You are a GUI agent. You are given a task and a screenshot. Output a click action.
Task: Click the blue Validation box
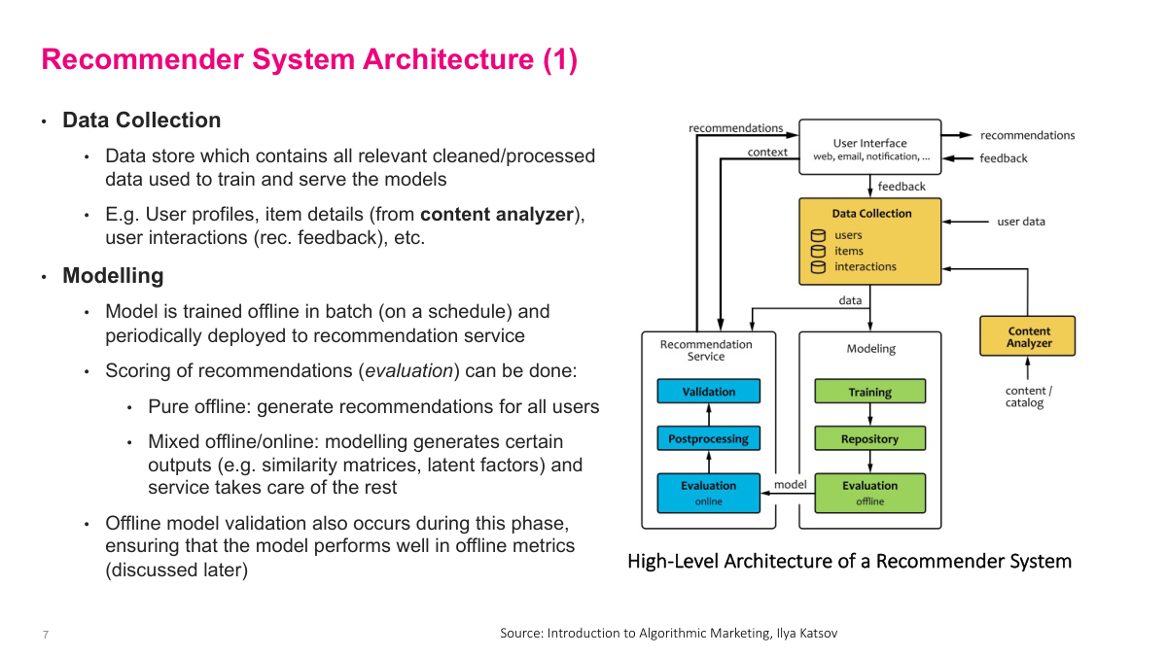pos(708,392)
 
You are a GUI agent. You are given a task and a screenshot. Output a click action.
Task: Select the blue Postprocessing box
pos(708,439)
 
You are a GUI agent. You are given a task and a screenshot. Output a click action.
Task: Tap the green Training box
pos(869,392)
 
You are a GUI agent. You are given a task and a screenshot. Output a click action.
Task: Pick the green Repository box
pos(869,439)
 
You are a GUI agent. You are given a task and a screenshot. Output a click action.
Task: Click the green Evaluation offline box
pos(869,492)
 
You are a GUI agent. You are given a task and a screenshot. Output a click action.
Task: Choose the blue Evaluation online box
pos(708,492)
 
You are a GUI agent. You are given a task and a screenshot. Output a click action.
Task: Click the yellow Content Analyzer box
pos(1028,336)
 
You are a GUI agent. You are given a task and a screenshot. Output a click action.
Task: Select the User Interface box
pos(869,148)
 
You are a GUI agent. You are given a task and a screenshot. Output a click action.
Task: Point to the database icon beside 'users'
pos(818,235)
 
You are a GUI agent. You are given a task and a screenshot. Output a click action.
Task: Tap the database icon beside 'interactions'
pos(818,266)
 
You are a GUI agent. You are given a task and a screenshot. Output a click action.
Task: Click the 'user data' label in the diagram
pos(1020,222)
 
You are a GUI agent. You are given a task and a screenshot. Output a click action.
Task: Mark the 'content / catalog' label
pos(1028,397)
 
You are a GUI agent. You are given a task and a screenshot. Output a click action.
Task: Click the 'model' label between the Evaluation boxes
pos(790,484)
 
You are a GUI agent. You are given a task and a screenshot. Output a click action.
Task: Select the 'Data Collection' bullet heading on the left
pos(141,121)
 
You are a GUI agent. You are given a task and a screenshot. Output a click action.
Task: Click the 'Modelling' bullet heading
pos(113,276)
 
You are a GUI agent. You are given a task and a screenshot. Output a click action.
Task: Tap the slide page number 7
pos(45,635)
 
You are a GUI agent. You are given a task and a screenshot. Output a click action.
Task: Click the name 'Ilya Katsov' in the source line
pos(806,634)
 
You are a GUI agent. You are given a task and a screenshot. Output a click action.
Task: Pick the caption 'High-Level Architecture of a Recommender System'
pos(849,562)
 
